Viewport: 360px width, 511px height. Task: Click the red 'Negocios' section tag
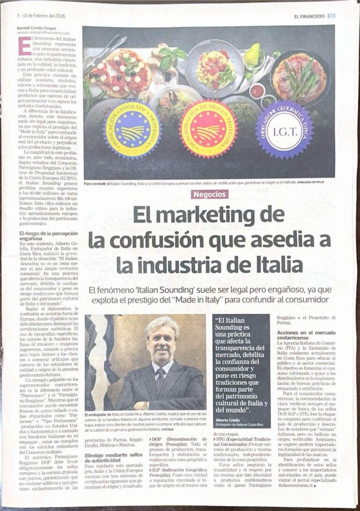pos(209,194)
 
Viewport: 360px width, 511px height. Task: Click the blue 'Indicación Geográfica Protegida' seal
pos(131,129)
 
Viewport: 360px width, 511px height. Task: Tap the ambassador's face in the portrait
pos(161,342)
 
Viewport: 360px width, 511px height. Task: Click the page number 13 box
pos(331,16)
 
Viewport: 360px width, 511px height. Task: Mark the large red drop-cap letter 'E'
pos(23,45)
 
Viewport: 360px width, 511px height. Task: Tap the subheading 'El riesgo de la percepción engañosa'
pos(45,236)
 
